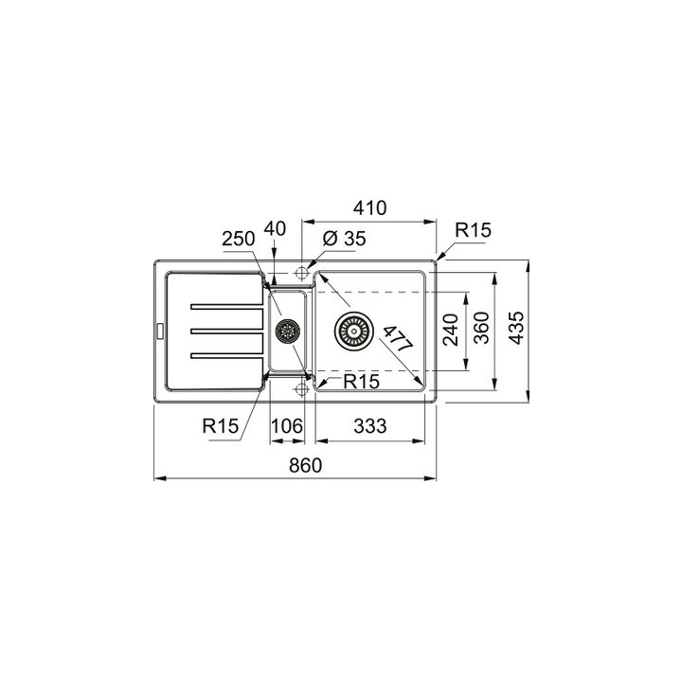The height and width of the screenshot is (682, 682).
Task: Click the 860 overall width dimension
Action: click(x=305, y=465)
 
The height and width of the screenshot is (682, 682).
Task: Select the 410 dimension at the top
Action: click(x=369, y=207)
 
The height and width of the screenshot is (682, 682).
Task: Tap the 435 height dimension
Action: click(x=517, y=328)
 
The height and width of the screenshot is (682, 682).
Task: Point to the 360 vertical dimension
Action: click(x=481, y=328)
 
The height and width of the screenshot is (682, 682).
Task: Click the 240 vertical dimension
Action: click(x=451, y=330)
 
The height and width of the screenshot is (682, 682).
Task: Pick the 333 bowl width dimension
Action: click(x=369, y=426)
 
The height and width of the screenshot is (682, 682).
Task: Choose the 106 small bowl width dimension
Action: click(x=287, y=426)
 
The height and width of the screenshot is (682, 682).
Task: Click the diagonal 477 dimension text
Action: click(x=398, y=339)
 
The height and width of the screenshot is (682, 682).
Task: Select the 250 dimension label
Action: click(x=239, y=239)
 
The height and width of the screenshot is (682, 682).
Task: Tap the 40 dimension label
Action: click(x=275, y=229)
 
